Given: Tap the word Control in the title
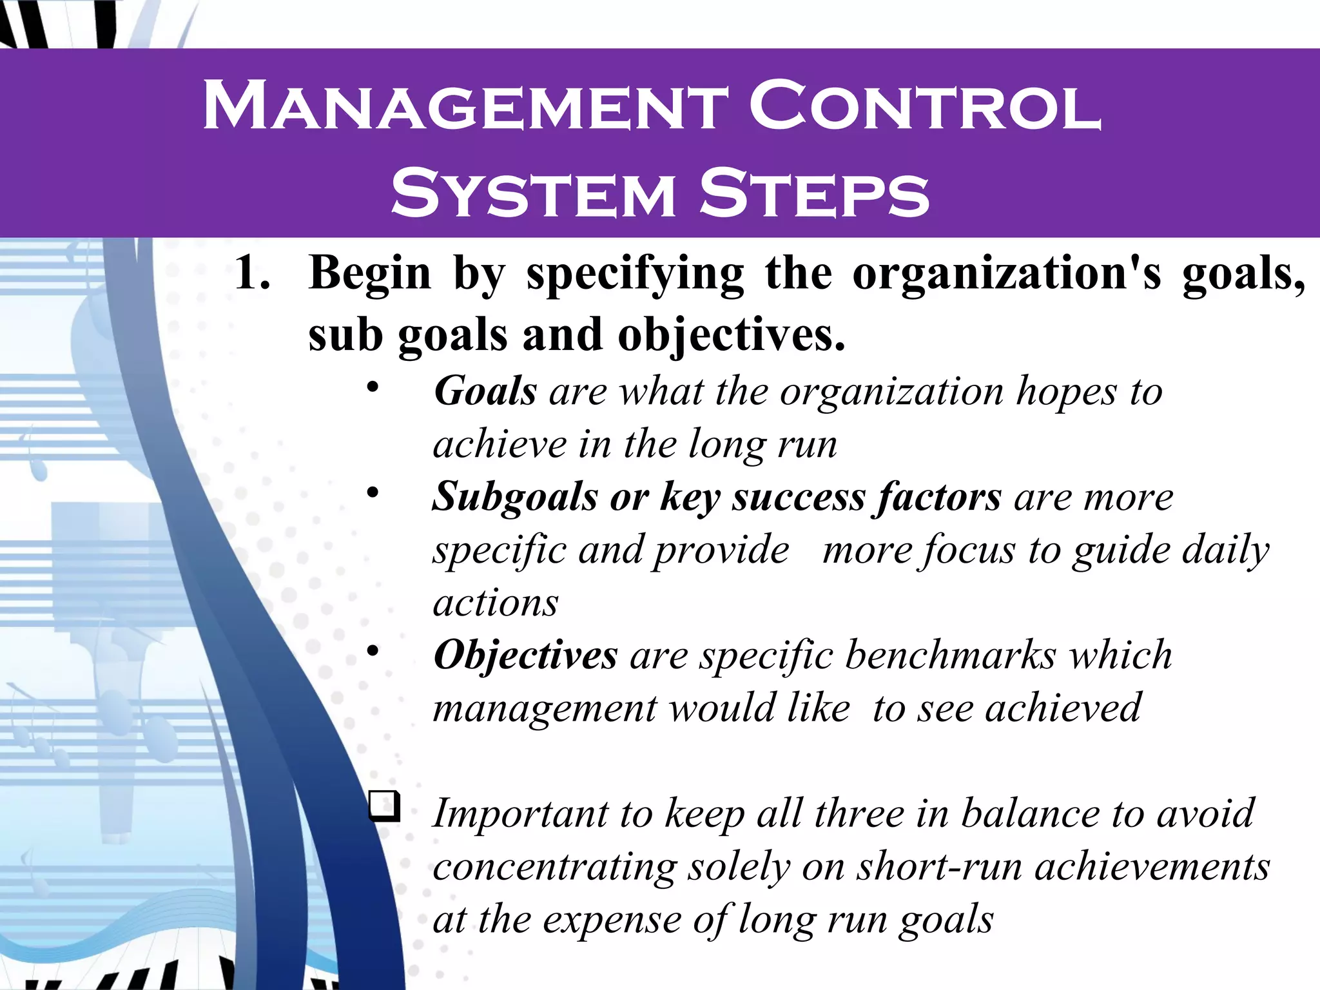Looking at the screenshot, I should pyautogui.click(x=925, y=106).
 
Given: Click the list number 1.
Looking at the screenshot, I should pyautogui.click(x=252, y=273).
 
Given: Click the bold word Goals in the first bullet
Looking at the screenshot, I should pyautogui.click(x=485, y=391).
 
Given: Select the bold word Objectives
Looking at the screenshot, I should pyautogui.click(x=525, y=655).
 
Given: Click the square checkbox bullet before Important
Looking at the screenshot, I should pyautogui.click(x=385, y=806).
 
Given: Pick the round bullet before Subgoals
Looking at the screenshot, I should pyautogui.click(x=373, y=493).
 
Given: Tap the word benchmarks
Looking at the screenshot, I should pyautogui.click(x=951, y=655).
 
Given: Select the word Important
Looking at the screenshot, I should pyautogui.click(x=520, y=814).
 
